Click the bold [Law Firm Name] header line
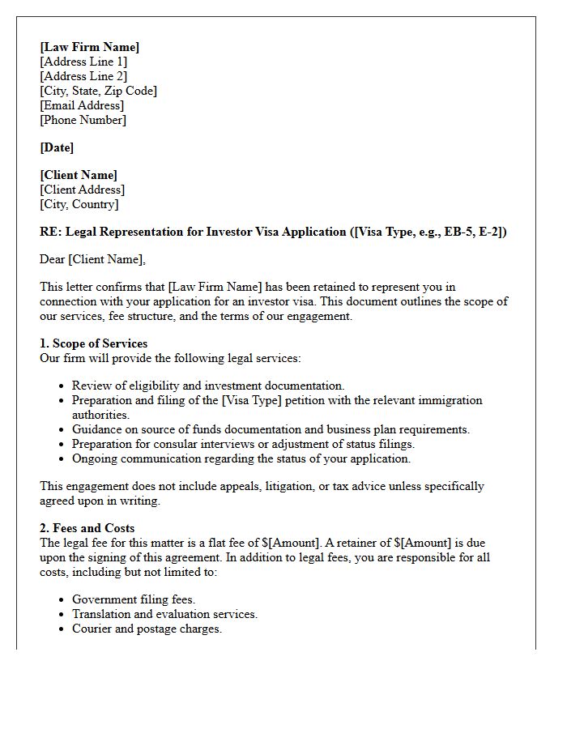tap(89, 47)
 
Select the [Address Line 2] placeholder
tap(83, 76)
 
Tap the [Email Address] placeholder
tap(82, 105)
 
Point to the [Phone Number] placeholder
tap(83, 120)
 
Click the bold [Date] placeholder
tap(57, 147)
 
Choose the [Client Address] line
tap(82, 190)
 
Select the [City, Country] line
tap(79, 204)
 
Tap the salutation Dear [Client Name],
tap(92, 259)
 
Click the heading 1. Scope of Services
tap(94, 343)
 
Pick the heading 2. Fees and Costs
tap(87, 528)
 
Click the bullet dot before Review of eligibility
tap(62, 386)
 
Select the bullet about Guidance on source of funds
tap(271, 429)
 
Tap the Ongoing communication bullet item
tap(241, 458)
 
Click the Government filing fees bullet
tap(134, 599)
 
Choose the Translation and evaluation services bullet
tap(164, 614)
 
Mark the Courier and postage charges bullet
tap(147, 629)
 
